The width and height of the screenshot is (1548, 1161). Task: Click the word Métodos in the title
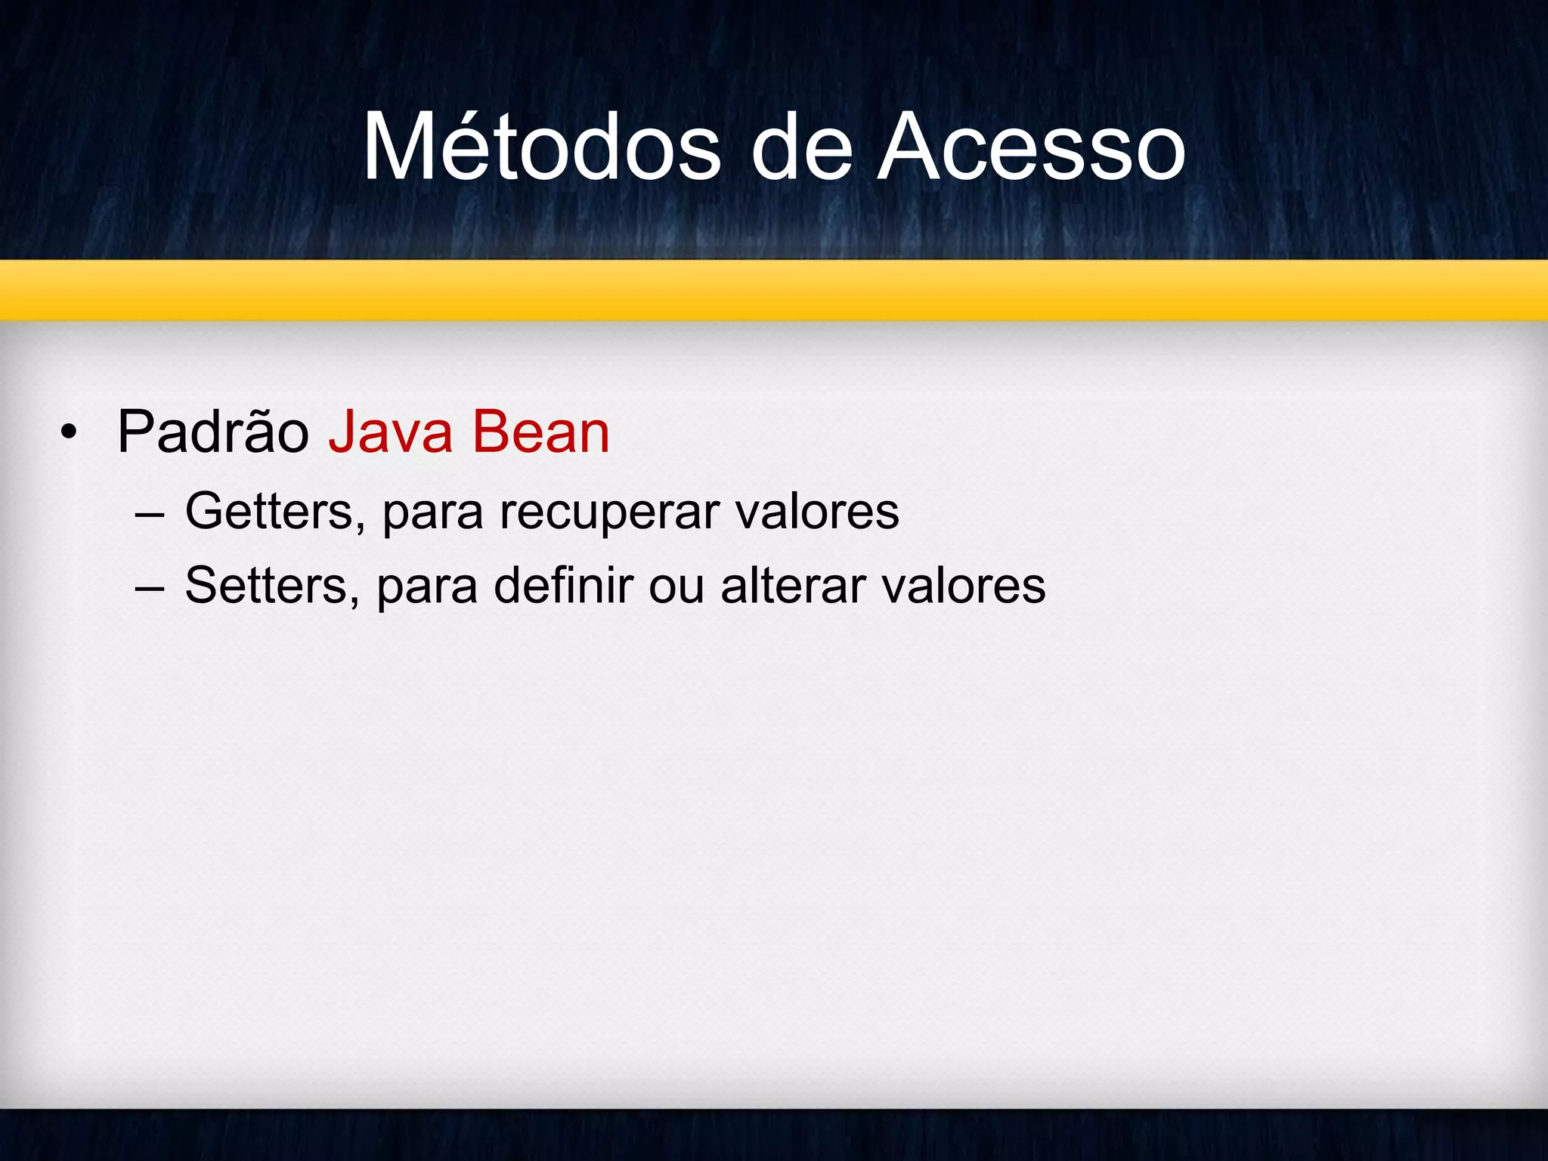pos(541,147)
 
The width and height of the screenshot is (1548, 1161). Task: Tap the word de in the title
pos(801,147)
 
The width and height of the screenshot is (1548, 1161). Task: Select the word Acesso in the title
pos(1031,147)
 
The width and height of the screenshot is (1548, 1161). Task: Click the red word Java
pos(390,432)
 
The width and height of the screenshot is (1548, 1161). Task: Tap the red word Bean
pos(540,432)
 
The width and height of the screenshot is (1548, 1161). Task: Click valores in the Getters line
pos(818,512)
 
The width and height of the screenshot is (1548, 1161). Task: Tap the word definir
pos(563,586)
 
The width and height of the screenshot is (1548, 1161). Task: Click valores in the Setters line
pos(964,586)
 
